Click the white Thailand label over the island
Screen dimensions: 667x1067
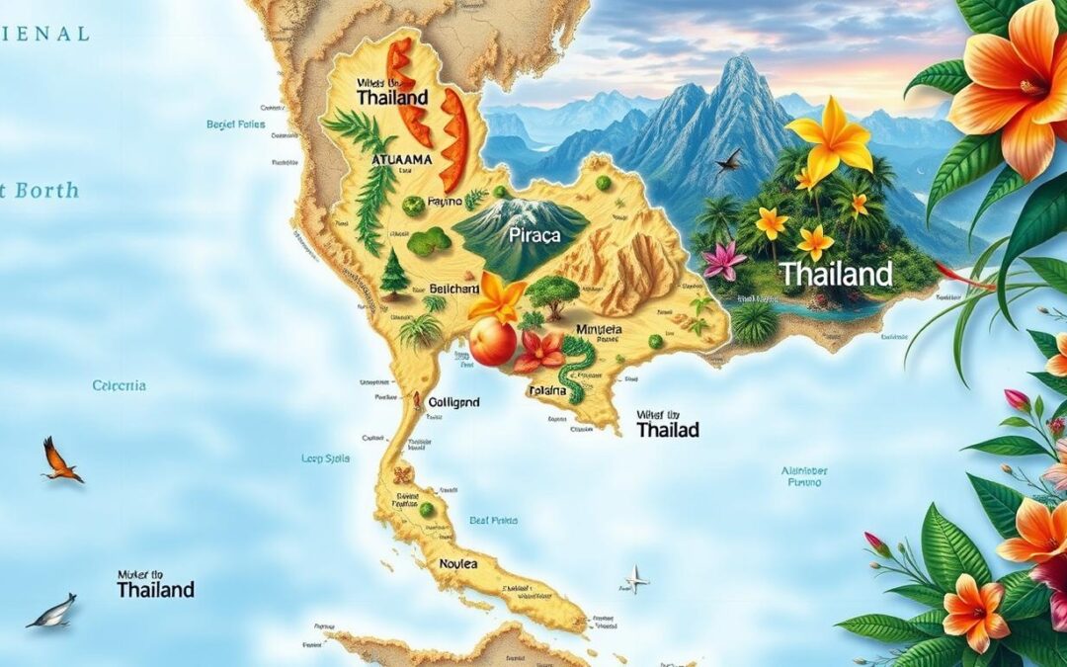(x=835, y=274)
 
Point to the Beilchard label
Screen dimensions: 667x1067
(x=454, y=290)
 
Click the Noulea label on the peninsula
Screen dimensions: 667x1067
(x=457, y=563)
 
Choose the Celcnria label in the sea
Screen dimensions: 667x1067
(x=119, y=385)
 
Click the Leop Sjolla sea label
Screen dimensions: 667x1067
(x=327, y=459)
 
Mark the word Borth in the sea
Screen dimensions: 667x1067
(x=46, y=191)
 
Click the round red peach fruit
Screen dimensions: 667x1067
(x=492, y=342)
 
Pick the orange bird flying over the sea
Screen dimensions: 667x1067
(x=60, y=461)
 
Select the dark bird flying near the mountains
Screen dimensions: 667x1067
(x=728, y=160)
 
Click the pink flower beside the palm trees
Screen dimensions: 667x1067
(x=724, y=261)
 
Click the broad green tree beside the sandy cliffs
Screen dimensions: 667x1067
(x=552, y=292)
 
